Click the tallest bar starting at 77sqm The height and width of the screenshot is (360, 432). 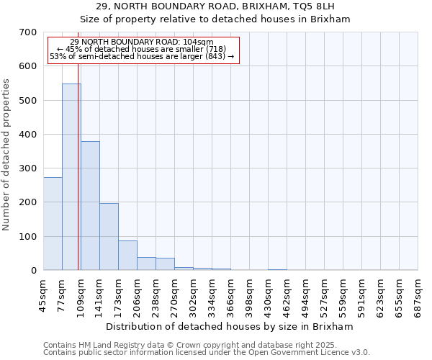(x=71, y=176)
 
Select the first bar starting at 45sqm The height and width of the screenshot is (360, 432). (x=53, y=223)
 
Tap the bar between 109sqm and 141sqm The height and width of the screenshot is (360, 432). (x=90, y=205)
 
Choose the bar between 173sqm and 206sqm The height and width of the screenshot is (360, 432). (x=127, y=255)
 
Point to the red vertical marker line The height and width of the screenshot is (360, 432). (x=78, y=166)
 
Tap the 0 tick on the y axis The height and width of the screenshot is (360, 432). (x=34, y=271)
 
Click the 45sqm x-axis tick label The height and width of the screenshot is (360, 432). (x=44, y=294)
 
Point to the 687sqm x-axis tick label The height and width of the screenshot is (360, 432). (x=418, y=294)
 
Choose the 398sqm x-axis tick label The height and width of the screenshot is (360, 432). (x=250, y=294)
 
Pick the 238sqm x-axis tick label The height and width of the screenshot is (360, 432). (x=156, y=294)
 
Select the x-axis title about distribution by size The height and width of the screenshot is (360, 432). (x=230, y=326)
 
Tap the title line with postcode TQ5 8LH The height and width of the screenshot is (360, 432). (x=215, y=6)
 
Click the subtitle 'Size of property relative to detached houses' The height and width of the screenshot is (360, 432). (x=215, y=19)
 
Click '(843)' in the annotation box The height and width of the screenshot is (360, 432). (x=215, y=56)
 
